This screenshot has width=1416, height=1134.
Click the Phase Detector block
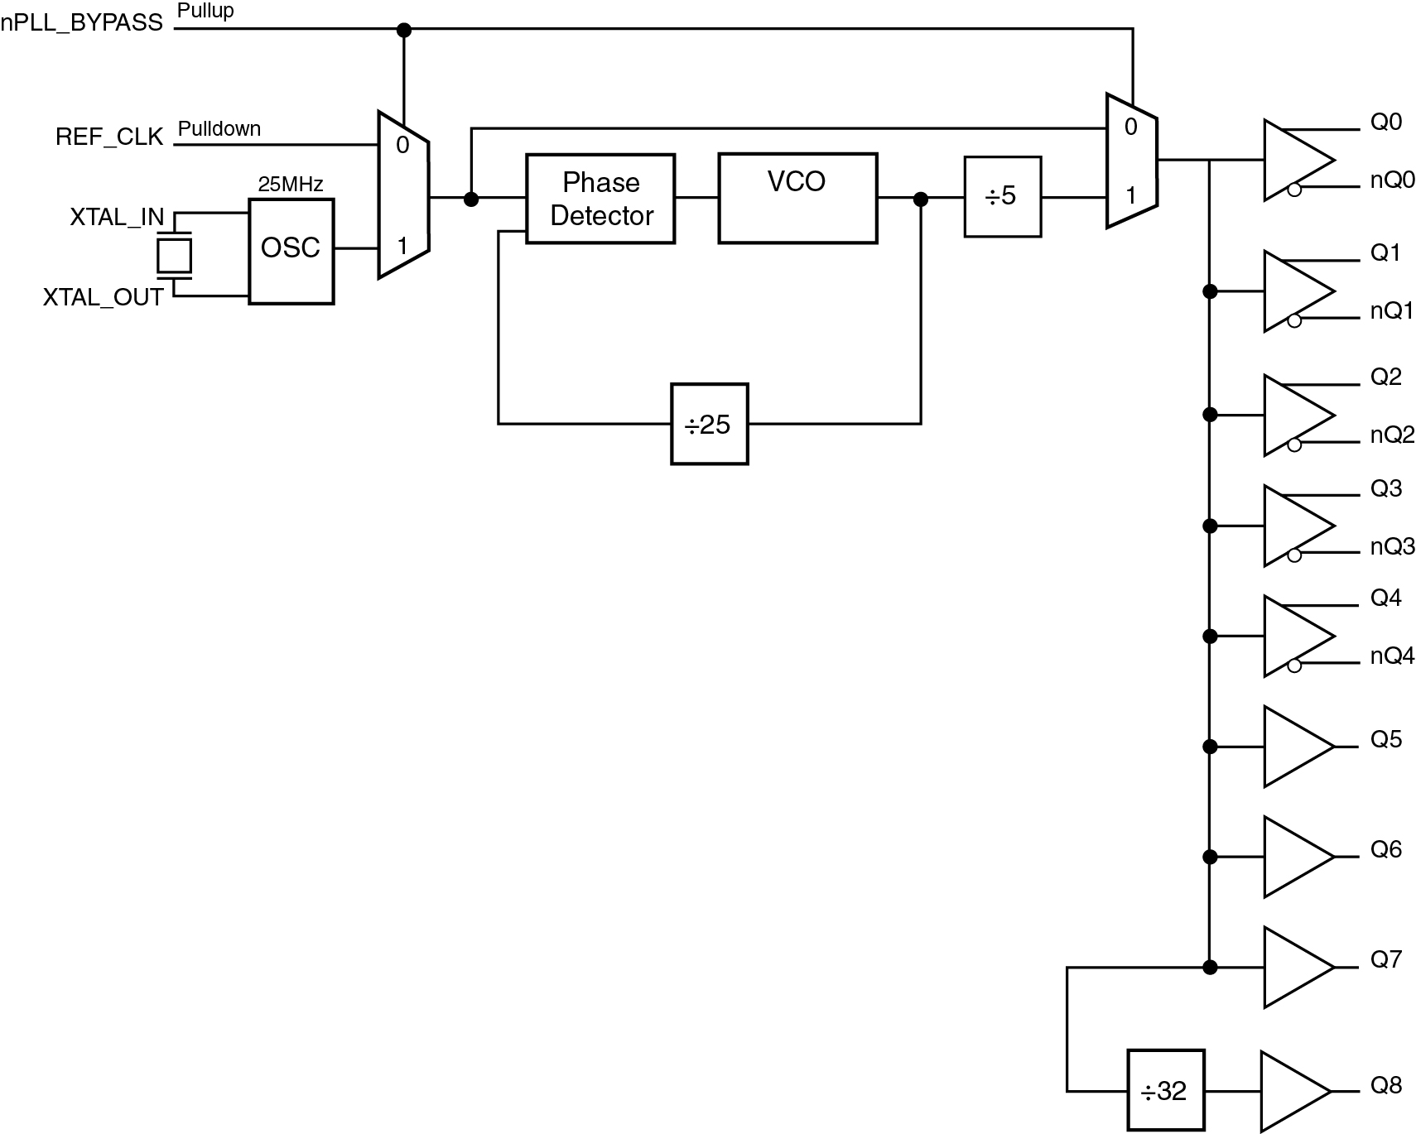600,199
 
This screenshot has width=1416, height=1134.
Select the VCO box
797,198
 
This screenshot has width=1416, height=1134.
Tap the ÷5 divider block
1002,197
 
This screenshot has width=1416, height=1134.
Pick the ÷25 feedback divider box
710,424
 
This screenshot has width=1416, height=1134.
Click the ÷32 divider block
1164,1091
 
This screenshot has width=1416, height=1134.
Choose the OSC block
291,252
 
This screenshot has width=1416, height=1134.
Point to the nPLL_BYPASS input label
82,23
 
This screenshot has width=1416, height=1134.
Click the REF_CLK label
109,137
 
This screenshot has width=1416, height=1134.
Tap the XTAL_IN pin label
117,217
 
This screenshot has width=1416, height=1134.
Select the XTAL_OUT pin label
104,297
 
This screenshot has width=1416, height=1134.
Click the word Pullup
206,12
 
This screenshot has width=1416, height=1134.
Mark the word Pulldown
219,129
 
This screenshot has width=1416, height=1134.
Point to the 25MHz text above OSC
291,184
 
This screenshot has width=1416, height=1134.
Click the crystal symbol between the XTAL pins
175,256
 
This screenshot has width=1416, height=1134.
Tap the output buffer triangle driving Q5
1299,747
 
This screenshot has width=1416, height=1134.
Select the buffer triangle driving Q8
1296,1091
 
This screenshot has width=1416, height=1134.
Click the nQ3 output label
1393,546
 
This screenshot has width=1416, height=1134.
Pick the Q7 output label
1386,959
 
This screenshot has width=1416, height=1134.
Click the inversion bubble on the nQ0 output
1294,190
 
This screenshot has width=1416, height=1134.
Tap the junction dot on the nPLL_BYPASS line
404,31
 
